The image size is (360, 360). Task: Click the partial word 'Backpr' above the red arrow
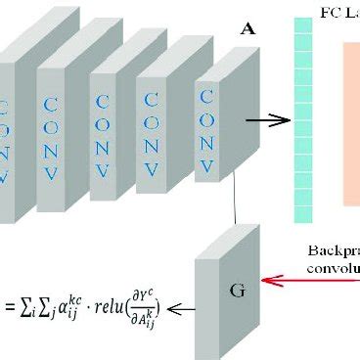point(334,249)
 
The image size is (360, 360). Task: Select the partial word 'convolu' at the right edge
point(337,267)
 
